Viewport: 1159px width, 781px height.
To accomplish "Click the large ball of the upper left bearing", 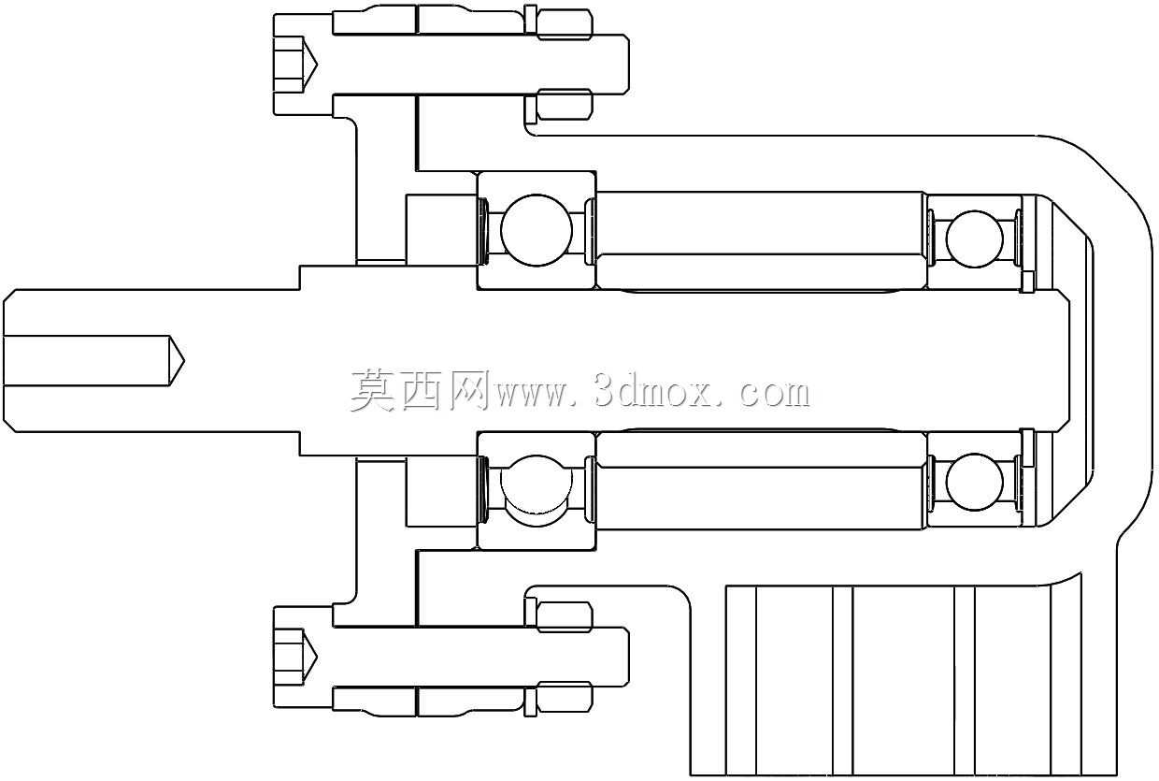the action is pyautogui.click(x=537, y=230).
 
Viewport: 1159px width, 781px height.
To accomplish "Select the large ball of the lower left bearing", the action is pyautogui.click(x=537, y=490).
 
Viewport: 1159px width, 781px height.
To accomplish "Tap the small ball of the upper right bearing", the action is pyautogui.click(x=974, y=239).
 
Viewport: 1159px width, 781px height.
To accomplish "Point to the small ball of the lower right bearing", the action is pyautogui.click(x=974, y=482).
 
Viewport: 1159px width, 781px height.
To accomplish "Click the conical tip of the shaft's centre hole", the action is pyautogui.click(x=177, y=360).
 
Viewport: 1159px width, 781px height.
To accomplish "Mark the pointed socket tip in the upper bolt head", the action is pyautogui.click(x=309, y=65).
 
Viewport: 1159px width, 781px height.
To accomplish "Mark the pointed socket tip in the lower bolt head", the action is pyautogui.click(x=309, y=658).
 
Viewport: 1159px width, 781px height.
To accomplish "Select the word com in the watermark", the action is pyautogui.click(x=775, y=395).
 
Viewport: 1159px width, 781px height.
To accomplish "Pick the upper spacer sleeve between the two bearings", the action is pyautogui.click(x=761, y=240).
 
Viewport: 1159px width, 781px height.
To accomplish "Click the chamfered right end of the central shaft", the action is pyautogui.click(x=1062, y=360).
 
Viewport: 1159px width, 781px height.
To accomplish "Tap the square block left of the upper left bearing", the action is pyautogui.click(x=441, y=229).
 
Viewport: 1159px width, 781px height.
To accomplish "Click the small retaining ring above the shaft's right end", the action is pyautogui.click(x=1027, y=282).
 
